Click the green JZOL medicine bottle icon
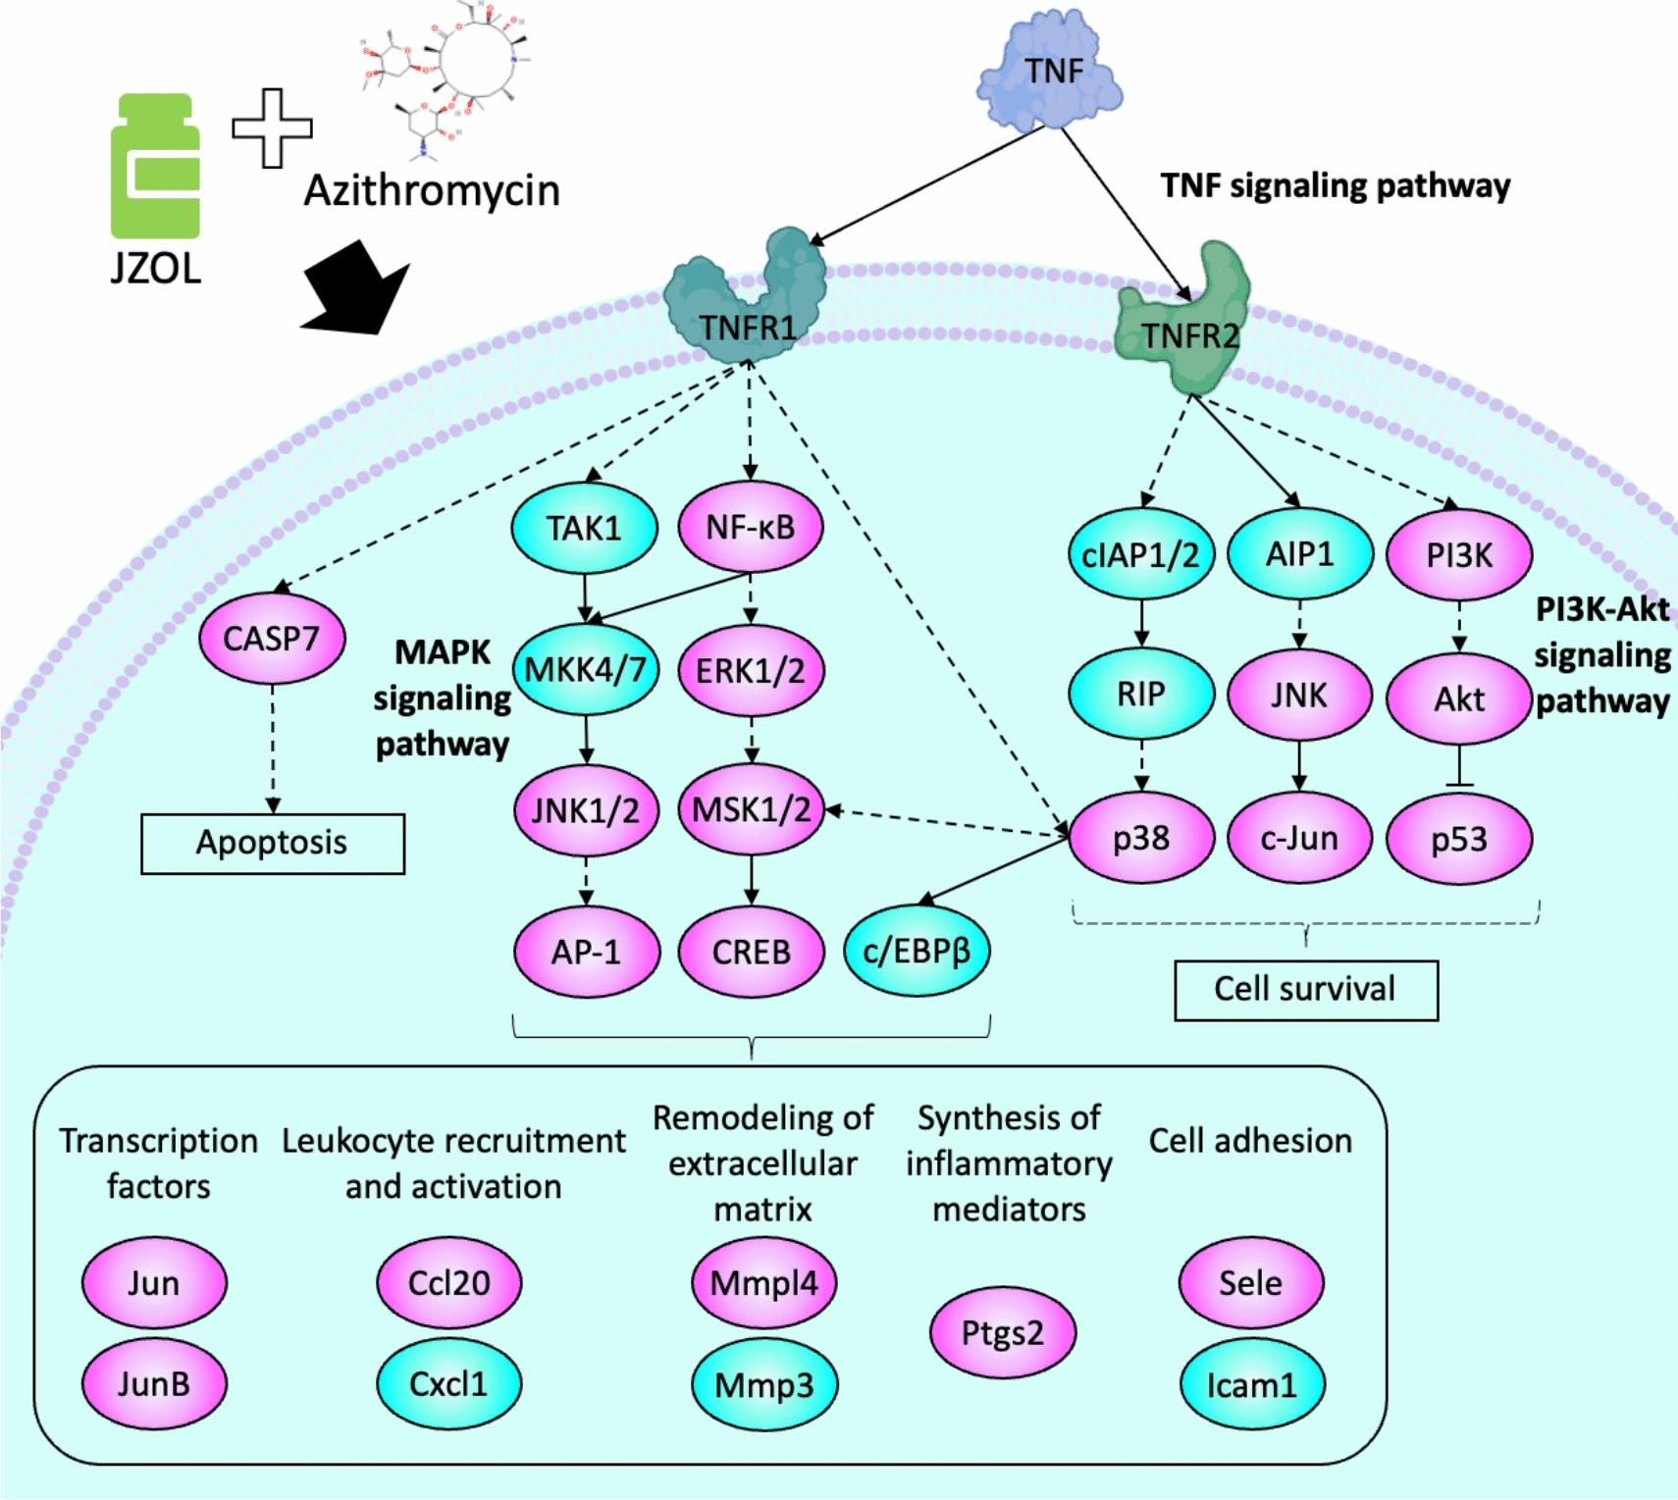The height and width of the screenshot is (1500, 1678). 156,168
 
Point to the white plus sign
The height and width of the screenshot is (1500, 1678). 272,128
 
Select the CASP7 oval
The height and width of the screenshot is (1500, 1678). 271,639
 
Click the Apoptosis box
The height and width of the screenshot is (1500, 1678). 272,843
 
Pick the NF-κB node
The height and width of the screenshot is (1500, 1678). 750,528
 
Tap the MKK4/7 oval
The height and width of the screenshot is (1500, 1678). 585,670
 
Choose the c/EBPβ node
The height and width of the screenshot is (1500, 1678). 917,951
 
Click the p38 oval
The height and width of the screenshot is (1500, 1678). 1140,839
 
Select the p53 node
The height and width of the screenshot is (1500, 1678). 1458,840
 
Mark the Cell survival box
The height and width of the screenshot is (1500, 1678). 1305,989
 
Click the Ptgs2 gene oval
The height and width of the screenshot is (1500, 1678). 1002,1333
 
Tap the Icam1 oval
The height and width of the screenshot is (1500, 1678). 1251,1385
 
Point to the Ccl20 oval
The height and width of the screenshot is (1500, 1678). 448,1283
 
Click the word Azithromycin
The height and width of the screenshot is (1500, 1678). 432,189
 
